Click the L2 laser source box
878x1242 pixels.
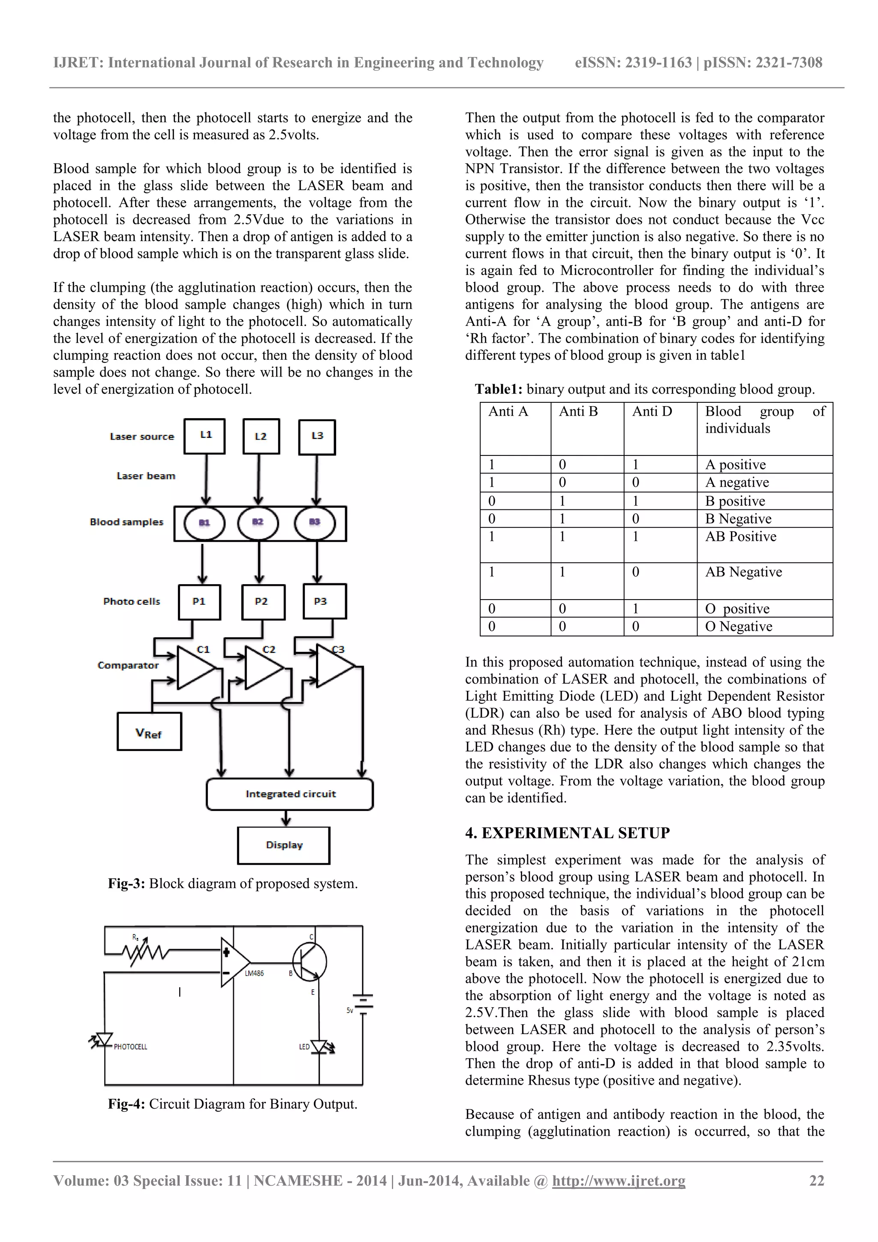261,436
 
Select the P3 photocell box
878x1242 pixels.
325,601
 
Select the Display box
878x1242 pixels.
284,845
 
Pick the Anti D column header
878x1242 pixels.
652,412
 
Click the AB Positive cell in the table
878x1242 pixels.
741,537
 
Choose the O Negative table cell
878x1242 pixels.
739,627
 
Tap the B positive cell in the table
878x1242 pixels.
734,501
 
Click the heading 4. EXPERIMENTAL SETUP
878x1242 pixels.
567,833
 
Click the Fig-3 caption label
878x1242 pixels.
126,884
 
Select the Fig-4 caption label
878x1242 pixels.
126,1104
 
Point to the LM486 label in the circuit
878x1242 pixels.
254,974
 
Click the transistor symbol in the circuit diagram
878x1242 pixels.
309,962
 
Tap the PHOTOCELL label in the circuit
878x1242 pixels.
130,1047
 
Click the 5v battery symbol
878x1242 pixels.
363,1004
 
